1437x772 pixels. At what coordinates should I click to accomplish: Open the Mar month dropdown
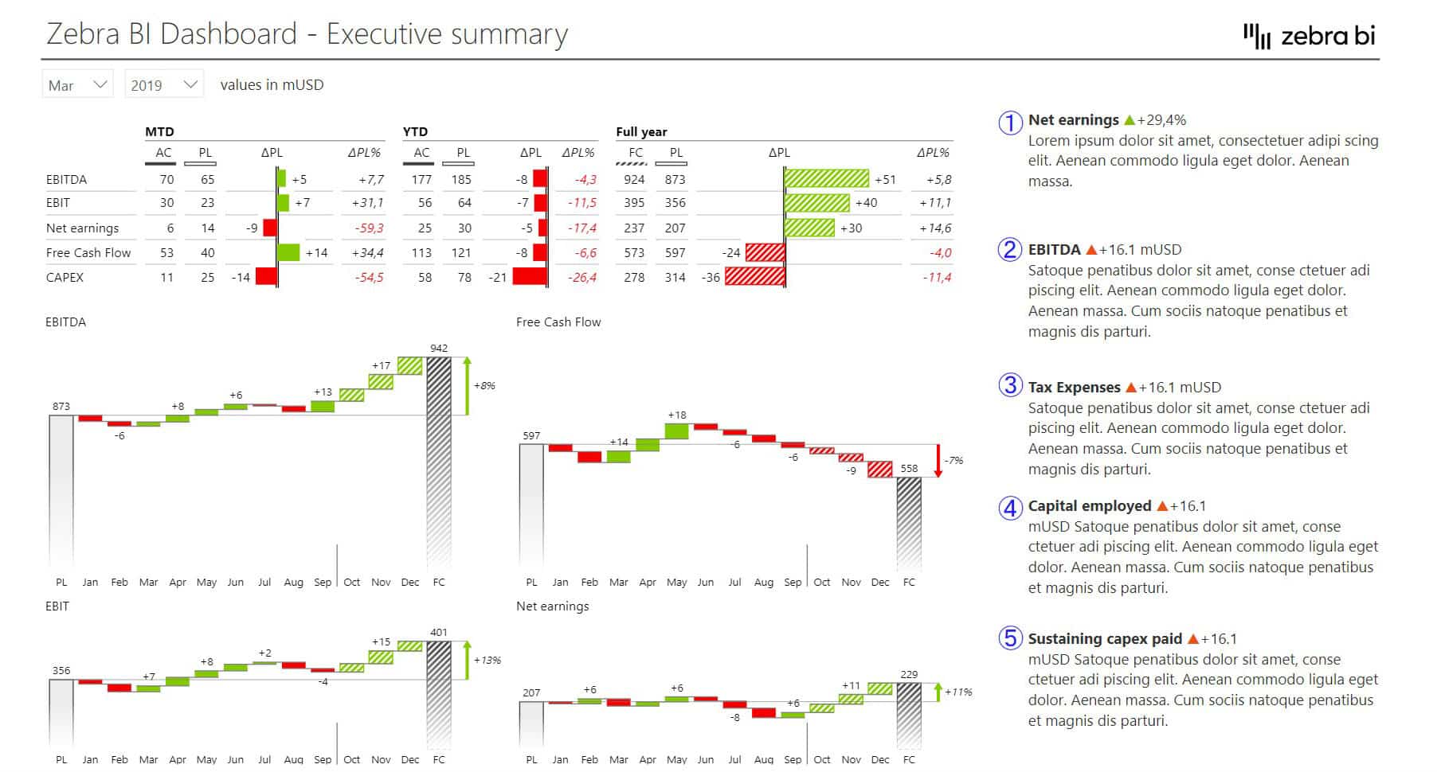point(77,84)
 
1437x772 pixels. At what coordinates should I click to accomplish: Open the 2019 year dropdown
point(163,84)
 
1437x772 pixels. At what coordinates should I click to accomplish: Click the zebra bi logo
point(1310,36)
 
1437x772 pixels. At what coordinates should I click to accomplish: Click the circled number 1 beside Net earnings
point(1010,123)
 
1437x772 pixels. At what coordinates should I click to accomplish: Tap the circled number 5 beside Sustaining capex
point(1010,638)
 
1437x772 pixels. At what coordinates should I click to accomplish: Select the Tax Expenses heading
point(1074,388)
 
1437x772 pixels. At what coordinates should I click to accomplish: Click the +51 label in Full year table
point(885,180)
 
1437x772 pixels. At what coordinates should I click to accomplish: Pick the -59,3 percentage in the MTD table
point(369,228)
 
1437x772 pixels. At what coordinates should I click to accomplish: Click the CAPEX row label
point(65,278)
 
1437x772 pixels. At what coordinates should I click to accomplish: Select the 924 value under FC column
point(634,180)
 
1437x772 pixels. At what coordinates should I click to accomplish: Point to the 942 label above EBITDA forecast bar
point(439,349)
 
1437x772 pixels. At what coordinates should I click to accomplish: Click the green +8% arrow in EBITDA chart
point(467,386)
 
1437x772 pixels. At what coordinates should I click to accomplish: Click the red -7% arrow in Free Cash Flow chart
point(938,461)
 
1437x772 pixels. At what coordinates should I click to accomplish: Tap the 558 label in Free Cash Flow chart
point(909,469)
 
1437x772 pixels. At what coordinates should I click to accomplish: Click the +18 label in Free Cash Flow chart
point(676,415)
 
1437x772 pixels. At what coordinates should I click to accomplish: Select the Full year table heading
point(641,132)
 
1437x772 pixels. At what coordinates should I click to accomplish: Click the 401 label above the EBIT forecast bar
point(439,633)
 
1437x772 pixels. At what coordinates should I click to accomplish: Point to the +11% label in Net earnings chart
point(958,692)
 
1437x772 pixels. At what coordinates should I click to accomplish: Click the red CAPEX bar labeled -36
point(754,278)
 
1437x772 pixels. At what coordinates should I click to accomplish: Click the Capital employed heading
point(1089,506)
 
